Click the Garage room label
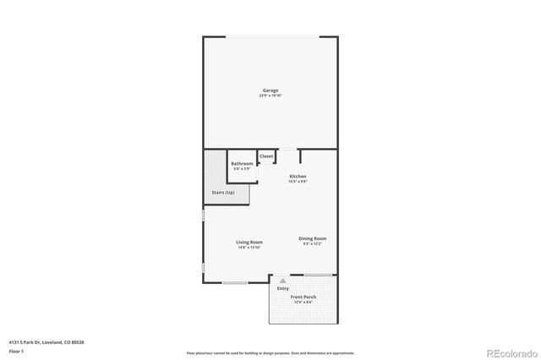point(270,90)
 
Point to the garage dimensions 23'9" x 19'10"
point(270,95)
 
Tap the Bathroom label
point(242,163)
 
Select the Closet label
point(266,156)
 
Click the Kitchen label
point(298,176)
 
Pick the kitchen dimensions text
point(298,181)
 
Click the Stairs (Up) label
point(224,194)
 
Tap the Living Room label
point(249,242)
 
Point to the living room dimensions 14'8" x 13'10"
point(249,247)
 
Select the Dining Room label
point(313,238)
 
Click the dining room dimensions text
point(313,243)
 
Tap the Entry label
point(282,289)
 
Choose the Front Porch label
point(303,297)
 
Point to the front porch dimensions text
point(303,303)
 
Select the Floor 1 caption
point(16,350)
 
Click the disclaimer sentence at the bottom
point(270,353)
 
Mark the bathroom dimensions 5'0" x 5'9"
point(242,169)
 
